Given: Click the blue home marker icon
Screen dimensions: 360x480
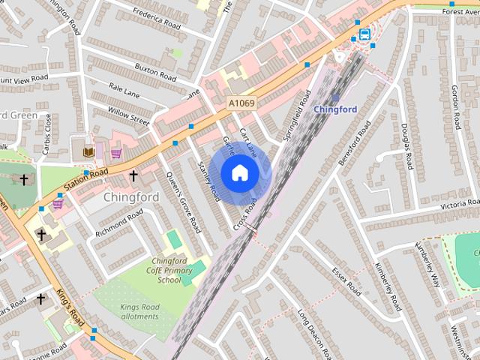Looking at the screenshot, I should click(x=239, y=173).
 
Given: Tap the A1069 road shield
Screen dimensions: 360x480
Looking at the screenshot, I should click(x=241, y=101).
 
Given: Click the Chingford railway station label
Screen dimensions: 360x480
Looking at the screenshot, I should click(x=334, y=109).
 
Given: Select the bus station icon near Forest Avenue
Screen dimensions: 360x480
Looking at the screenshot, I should click(x=364, y=34).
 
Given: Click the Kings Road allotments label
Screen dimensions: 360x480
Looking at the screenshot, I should click(x=139, y=311).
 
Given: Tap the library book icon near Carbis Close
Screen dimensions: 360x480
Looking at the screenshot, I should click(x=88, y=152).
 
